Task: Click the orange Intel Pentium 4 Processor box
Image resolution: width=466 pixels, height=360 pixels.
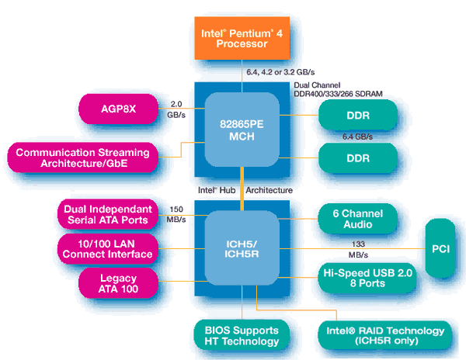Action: click(x=242, y=38)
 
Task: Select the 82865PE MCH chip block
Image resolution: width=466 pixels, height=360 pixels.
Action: click(x=242, y=130)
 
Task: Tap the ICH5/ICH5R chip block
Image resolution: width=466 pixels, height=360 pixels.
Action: click(x=242, y=248)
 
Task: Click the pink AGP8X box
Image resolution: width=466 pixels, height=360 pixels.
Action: click(x=118, y=109)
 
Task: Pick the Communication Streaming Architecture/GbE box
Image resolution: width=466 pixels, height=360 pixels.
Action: click(x=82, y=157)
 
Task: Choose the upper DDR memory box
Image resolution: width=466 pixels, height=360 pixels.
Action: click(x=358, y=115)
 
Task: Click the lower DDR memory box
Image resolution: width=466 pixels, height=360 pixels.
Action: click(x=358, y=158)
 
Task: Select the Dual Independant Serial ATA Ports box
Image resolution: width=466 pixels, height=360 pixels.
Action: click(x=108, y=214)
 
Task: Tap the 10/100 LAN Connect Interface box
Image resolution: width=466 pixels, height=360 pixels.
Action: click(x=108, y=249)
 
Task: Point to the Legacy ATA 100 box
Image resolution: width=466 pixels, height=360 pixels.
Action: click(x=118, y=283)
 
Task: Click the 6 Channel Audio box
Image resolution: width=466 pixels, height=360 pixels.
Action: click(x=358, y=219)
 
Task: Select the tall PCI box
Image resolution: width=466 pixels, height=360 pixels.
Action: click(x=440, y=248)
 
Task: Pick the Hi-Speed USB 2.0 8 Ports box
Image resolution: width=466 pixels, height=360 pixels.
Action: click(x=367, y=278)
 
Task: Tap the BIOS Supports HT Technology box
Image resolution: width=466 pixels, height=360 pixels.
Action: click(x=242, y=335)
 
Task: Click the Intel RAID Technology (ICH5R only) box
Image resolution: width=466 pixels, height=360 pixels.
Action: click(x=385, y=335)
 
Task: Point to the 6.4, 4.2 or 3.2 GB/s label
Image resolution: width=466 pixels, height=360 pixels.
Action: click(x=280, y=72)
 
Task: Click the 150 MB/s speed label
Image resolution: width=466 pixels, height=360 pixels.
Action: click(x=176, y=214)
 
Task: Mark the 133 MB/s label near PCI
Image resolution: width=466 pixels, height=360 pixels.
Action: click(x=358, y=249)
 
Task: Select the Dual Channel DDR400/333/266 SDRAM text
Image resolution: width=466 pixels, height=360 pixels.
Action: click(x=338, y=90)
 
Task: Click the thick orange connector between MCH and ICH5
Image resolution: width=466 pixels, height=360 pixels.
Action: click(x=242, y=189)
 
